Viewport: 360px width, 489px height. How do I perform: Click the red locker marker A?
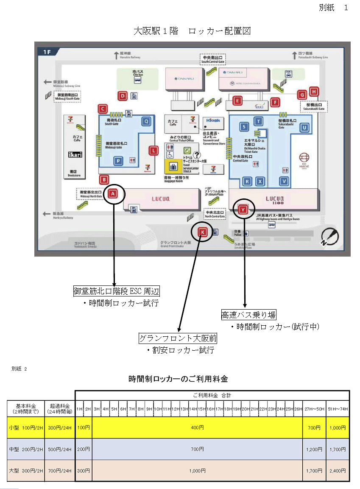point(113,194)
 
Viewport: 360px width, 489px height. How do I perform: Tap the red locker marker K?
point(203,232)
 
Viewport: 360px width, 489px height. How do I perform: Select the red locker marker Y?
point(243,209)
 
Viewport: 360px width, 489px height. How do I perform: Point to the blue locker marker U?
point(304,127)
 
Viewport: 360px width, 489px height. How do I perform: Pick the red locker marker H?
point(314,91)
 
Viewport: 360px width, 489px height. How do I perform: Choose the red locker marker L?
point(153,150)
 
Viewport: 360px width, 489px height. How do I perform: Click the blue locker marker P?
point(119,160)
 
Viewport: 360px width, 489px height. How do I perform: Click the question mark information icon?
point(197,155)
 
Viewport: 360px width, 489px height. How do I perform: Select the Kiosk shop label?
point(213,120)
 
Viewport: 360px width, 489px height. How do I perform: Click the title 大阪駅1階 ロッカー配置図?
point(192,31)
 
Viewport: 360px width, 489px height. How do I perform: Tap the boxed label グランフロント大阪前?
point(178,338)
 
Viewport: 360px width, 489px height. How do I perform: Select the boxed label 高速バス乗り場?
point(249,315)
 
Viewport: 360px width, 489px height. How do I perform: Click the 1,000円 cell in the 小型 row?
point(338,428)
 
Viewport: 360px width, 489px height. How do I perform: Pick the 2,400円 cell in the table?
point(338,470)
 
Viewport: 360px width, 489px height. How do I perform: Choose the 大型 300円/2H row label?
point(26,470)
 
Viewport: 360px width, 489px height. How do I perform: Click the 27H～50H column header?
point(314,408)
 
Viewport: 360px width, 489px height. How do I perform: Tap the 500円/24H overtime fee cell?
point(60,449)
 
